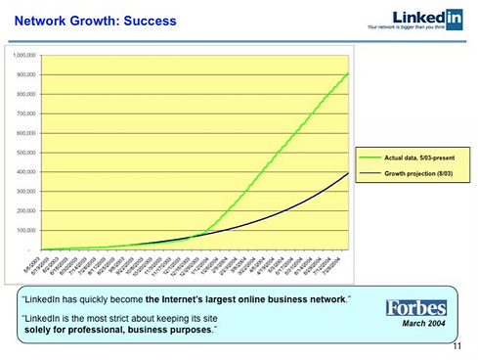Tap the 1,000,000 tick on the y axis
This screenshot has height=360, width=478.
[x=25, y=56]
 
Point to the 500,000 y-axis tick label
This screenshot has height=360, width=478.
[x=26, y=153]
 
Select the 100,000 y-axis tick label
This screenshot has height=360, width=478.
[x=26, y=230]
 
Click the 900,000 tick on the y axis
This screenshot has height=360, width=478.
[x=26, y=75]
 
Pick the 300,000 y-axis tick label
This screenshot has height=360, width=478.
[x=26, y=192]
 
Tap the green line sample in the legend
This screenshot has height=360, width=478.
[x=370, y=157]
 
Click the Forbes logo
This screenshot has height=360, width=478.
[x=415, y=307]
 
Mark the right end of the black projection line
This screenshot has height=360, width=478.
[x=349, y=172]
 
